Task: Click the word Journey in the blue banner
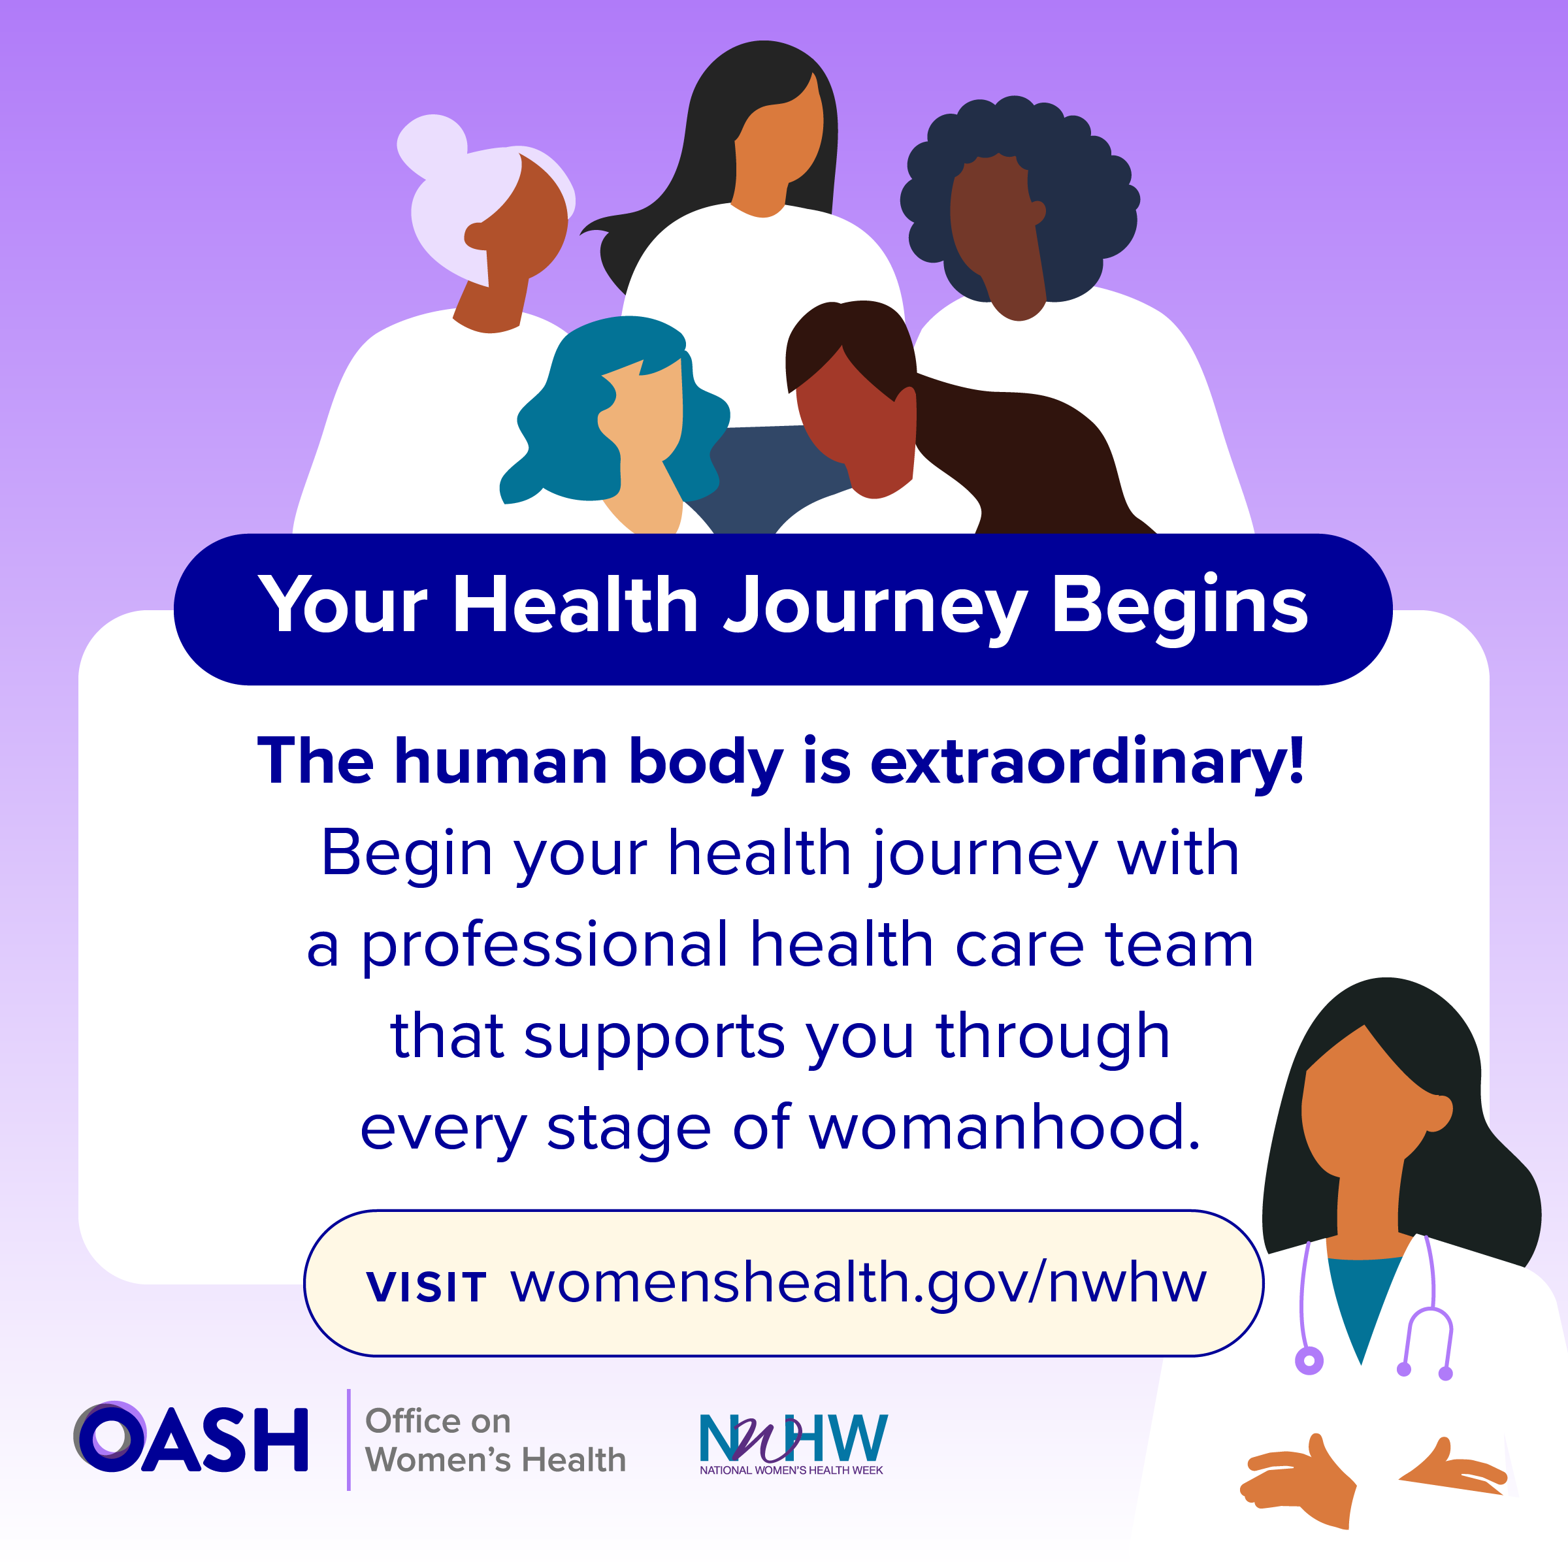click(875, 607)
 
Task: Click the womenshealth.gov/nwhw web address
click(858, 1284)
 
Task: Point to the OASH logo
click(191, 1437)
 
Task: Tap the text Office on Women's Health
click(495, 1440)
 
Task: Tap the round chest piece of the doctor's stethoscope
click(1309, 1361)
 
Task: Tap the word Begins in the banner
click(1180, 607)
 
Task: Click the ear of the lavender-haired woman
click(476, 236)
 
